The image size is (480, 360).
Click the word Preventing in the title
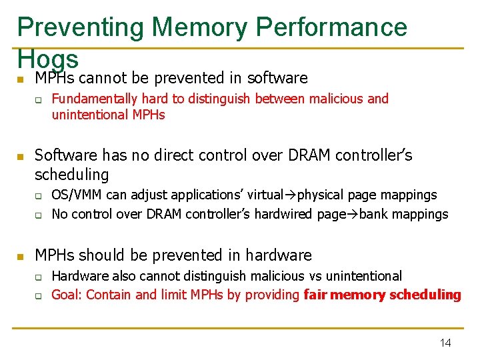coord(80,27)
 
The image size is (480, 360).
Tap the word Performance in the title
coord(331,27)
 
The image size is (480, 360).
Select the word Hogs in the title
coord(48,59)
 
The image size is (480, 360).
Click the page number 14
coord(445,343)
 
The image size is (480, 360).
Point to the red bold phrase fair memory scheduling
coord(382,295)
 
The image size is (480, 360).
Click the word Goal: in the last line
coord(67,295)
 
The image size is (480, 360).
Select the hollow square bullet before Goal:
coord(39,296)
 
